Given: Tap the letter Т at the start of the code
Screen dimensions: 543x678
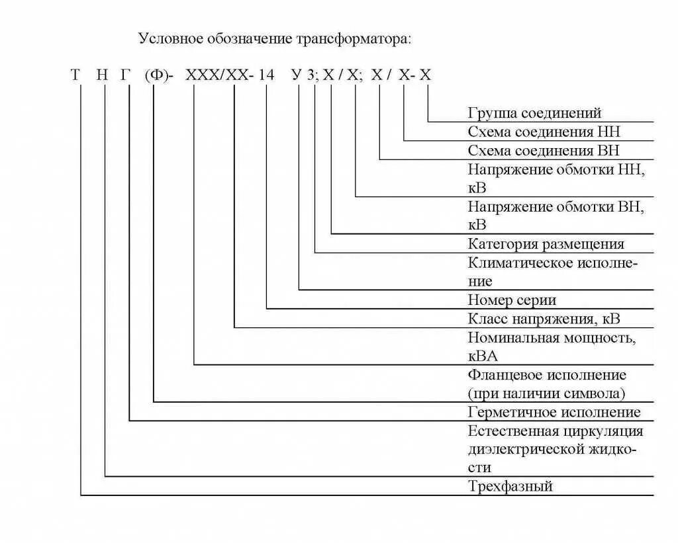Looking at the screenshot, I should coord(75,75).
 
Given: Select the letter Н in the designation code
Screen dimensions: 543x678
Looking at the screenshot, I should coord(101,75).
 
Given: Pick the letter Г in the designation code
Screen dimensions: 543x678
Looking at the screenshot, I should coord(126,75).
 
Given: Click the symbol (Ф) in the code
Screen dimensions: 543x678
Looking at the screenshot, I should coord(154,75).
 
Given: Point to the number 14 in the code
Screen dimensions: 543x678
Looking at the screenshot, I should coord(266,75).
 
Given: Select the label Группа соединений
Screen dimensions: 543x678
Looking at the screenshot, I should coord(534,113).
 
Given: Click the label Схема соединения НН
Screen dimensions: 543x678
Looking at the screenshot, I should coord(544,132).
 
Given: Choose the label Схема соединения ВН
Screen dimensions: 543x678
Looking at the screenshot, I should coord(544,150).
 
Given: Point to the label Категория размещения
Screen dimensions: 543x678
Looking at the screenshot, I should coord(546,244).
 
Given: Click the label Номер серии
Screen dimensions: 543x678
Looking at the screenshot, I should coord(512,300).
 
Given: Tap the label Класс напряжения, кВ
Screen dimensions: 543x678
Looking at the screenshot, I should coord(544,319).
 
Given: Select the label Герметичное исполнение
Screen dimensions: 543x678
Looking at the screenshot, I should coord(554,412).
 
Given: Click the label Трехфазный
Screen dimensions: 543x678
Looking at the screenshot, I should coord(510,487).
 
